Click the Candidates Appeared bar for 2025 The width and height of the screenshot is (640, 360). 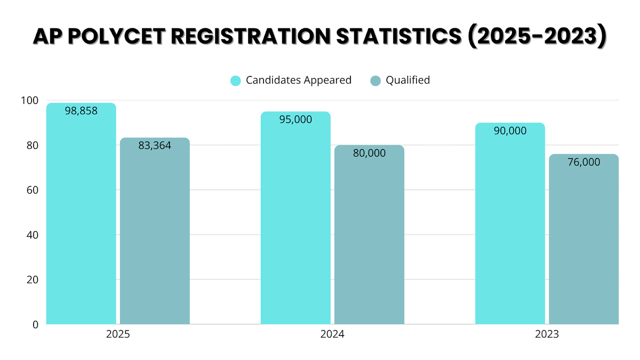pos(81,213)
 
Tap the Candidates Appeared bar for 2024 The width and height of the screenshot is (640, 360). pos(295,219)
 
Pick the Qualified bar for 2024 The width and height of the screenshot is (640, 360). pos(369,235)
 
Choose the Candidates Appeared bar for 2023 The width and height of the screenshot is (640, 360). pos(510,224)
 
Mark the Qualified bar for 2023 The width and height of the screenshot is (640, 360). pos(584,240)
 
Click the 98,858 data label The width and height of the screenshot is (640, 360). pos(81,111)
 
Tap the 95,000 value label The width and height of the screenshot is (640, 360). pos(295,119)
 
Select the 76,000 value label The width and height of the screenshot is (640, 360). pos(584,162)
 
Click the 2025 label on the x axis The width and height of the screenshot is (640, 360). pos(118,335)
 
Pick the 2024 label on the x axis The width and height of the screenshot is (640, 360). pos(332,335)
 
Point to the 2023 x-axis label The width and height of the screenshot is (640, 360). pos(547,335)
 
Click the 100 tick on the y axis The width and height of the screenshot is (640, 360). pos(30,100)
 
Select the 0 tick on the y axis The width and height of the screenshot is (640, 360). pos(35,324)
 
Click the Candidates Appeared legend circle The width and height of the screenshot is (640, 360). pos(236,81)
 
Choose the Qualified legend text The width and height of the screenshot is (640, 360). pos(407,81)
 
